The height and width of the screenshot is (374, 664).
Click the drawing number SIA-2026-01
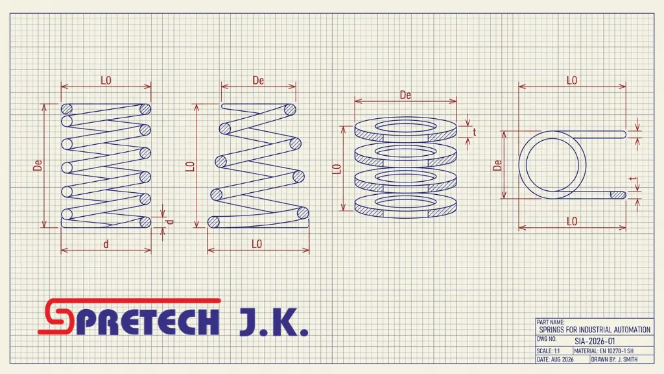tap(595, 341)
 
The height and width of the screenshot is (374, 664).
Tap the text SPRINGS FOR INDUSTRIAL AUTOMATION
tap(595, 329)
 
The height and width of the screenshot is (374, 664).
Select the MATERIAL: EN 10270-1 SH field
tap(604, 351)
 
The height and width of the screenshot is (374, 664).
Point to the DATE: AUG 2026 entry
tap(555, 359)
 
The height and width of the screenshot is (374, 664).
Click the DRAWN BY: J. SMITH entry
tap(614, 359)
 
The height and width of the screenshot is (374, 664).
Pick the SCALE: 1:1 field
tap(548, 351)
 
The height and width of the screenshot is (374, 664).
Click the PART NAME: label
tap(551, 322)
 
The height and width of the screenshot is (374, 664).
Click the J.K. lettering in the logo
tap(274, 322)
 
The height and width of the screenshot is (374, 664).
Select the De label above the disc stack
tap(405, 95)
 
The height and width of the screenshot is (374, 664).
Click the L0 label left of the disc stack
tap(337, 169)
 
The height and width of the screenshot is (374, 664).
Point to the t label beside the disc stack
tap(474, 132)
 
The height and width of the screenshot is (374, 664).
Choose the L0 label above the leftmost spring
tap(106, 80)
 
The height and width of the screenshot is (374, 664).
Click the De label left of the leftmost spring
tap(38, 165)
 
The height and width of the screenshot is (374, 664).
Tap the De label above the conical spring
tap(258, 80)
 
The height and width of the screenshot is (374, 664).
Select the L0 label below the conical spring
tap(257, 244)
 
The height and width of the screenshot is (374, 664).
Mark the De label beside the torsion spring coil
tap(497, 165)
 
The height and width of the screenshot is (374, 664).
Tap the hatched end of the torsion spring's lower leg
tap(618, 195)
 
